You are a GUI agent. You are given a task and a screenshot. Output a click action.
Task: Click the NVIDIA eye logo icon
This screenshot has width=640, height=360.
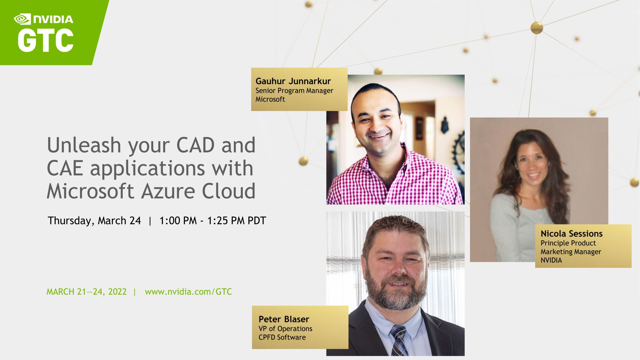tap(22, 19)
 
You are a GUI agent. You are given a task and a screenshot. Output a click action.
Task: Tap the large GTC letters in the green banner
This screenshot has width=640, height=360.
tap(46, 41)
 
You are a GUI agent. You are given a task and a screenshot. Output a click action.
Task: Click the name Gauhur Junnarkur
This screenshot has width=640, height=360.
tap(293, 81)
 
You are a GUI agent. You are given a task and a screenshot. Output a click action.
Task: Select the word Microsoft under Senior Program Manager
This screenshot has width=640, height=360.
tap(270, 99)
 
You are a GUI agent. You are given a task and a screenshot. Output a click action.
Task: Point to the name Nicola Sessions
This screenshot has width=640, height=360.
tap(571, 234)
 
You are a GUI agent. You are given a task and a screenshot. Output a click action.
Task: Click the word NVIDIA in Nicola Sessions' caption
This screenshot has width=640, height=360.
tap(551, 260)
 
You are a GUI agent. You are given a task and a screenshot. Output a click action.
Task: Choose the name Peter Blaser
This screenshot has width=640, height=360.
tap(283, 319)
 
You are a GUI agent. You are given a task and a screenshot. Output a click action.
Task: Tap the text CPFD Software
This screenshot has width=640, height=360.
tap(282, 337)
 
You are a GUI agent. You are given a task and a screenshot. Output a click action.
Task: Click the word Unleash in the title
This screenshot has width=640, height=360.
tap(84, 145)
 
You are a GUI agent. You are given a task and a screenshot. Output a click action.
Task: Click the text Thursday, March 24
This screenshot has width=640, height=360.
tap(94, 221)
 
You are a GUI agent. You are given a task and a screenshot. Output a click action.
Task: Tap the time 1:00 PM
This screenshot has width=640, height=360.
tap(178, 221)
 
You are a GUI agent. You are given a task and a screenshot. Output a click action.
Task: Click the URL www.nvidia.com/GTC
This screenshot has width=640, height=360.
tap(188, 292)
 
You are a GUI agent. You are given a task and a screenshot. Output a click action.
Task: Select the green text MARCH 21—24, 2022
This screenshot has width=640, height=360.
tap(87, 292)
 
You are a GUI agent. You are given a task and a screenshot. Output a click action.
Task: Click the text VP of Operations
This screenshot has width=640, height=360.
tap(285, 329)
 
